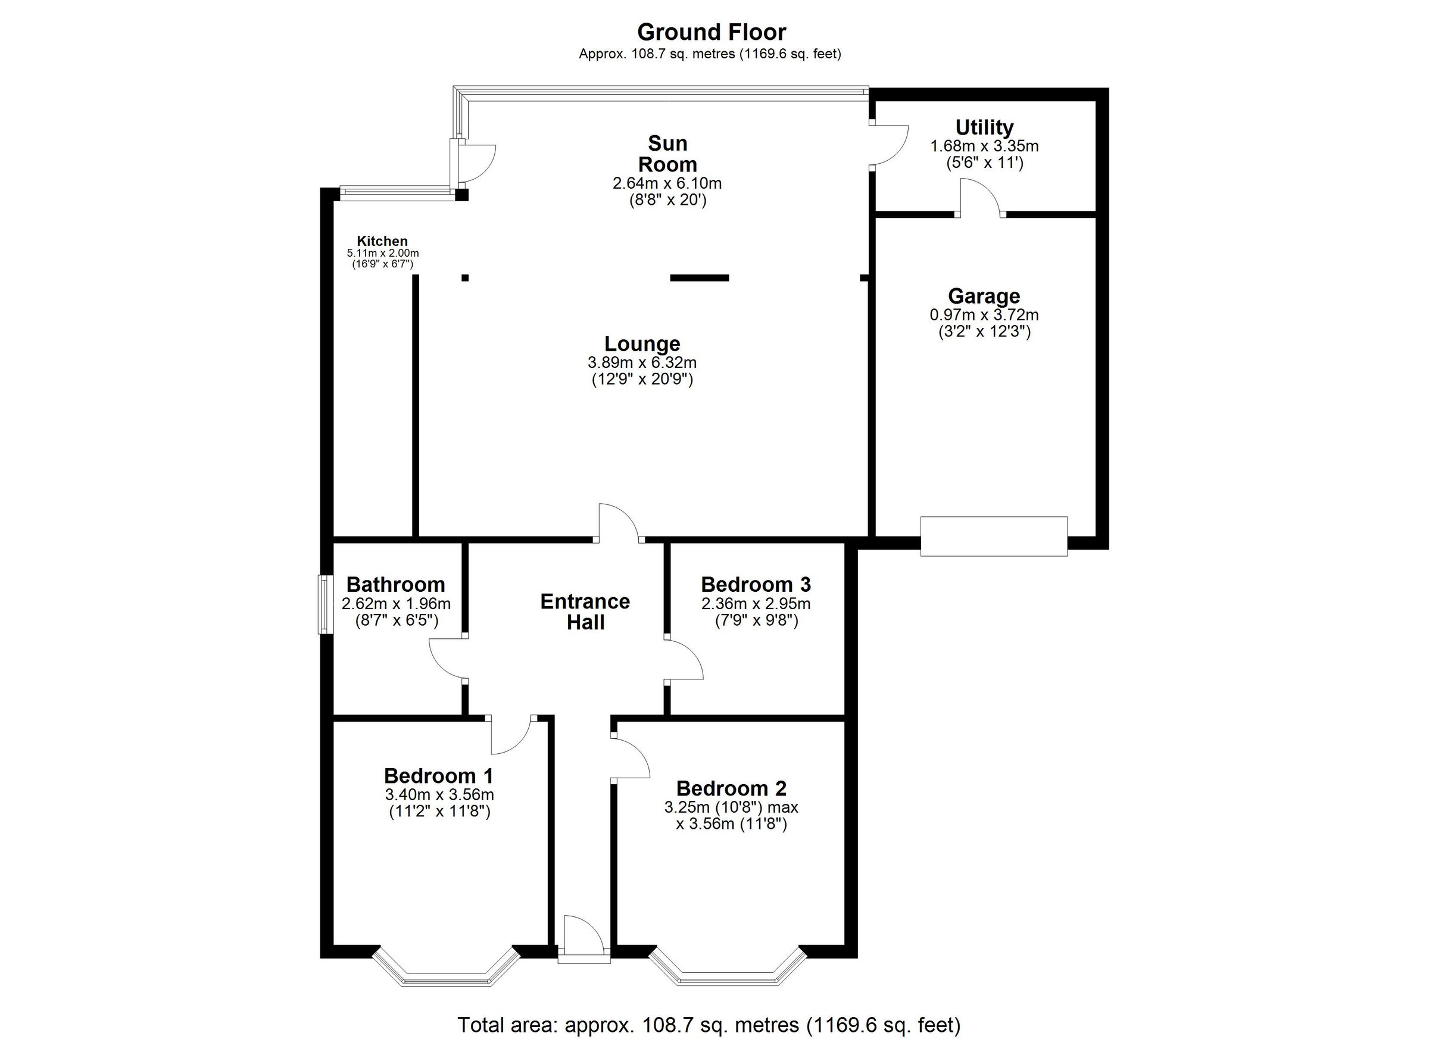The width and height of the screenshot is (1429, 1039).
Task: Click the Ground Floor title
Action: coord(711,32)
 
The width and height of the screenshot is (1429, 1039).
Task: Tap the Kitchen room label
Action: coord(382,241)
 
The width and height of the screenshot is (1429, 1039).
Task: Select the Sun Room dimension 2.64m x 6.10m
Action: coord(667,183)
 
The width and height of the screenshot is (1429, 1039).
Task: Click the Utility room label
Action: coord(984,127)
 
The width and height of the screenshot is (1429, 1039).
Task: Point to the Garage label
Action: coord(984,295)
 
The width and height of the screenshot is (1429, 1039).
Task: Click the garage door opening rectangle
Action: coord(994,536)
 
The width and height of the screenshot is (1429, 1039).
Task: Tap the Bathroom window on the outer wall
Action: coord(324,604)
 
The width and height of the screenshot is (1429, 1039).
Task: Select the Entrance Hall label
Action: coord(585,611)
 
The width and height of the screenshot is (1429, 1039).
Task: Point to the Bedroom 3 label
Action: coord(756,584)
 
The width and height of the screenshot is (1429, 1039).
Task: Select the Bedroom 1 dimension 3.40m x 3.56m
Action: coord(439,794)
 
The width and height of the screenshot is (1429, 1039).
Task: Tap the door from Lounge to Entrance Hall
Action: coord(619,522)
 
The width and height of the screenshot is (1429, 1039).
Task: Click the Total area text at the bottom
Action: coord(709,1025)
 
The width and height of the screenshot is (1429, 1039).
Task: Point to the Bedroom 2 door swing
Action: coord(631,758)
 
